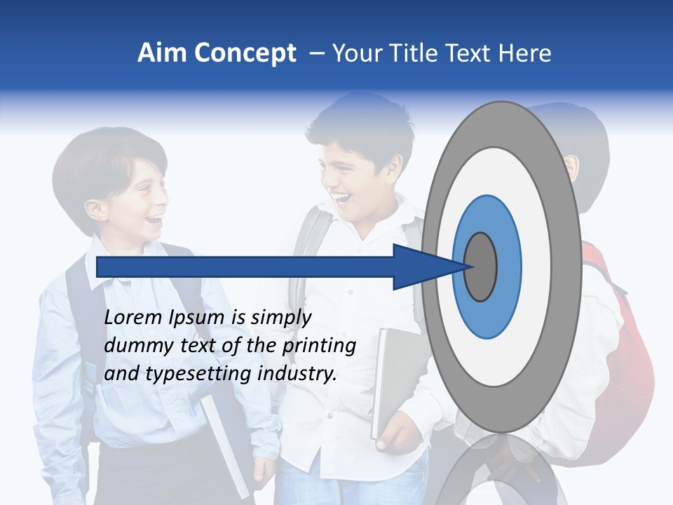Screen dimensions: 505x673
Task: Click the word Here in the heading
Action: (526, 53)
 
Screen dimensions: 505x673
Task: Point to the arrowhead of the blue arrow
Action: (428, 267)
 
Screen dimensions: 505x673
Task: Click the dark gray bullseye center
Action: (480, 267)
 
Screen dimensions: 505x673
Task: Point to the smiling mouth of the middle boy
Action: (343, 199)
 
